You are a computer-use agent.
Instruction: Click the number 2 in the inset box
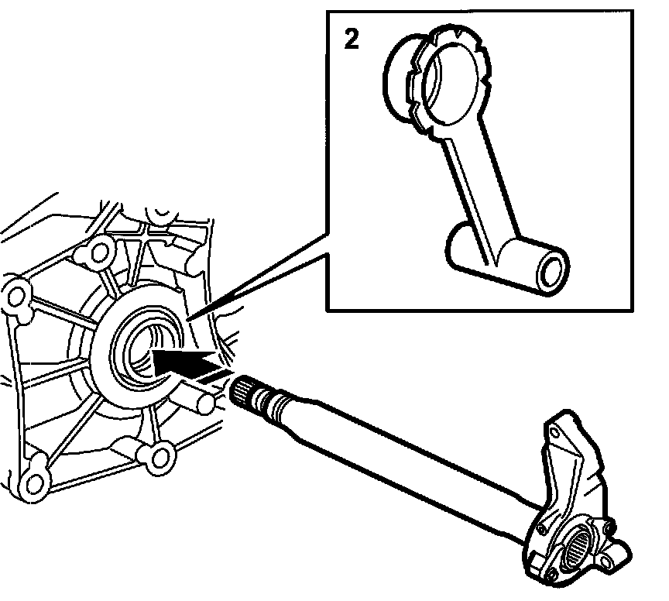point(352,39)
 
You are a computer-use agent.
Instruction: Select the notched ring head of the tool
point(449,81)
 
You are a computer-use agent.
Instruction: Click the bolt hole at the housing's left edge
point(17,294)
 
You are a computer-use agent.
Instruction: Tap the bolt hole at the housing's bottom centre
point(160,458)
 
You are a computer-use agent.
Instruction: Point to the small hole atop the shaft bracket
point(554,434)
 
